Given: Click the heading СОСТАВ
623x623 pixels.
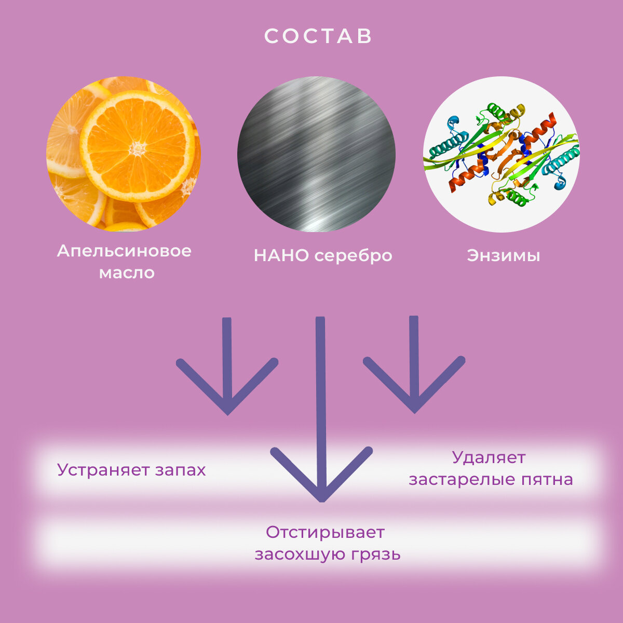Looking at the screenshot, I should [318, 36].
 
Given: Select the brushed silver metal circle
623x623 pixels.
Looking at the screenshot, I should [316, 154].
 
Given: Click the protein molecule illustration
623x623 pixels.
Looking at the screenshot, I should [501, 154].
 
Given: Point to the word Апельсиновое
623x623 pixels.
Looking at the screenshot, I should [124, 251].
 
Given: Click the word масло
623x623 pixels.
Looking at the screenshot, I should [127, 273].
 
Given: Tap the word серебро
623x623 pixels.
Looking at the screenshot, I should [354, 256].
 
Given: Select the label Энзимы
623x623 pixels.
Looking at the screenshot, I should [503, 255].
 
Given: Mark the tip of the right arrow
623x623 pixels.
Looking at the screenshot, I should [414, 412].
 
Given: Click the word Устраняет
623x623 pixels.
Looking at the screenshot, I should [103, 470].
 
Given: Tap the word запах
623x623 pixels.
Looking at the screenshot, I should [180, 470].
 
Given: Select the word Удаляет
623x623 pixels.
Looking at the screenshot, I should [489, 457].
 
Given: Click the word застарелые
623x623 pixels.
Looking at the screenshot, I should [462, 479].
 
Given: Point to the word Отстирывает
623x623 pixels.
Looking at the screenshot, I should [326, 532].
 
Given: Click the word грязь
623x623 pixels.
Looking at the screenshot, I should [375, 554].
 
